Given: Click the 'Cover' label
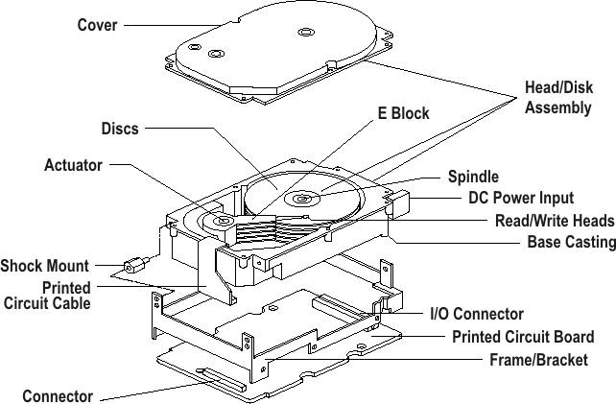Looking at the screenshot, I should tap(97, 25).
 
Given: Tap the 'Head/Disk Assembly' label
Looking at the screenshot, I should tap(557, 97).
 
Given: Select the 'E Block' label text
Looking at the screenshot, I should tap(402, 113).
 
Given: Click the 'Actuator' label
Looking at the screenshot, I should tap(73, 165).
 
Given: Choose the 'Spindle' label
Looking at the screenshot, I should tap(473, 178).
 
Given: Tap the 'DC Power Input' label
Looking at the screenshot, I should tap(520, 199).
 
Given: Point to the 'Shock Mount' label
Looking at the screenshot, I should tap(44, 266).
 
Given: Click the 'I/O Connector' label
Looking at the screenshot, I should tap(476, 314).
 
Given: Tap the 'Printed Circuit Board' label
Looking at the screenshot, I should tap(522, 337).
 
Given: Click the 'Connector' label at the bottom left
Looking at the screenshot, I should tap(58, 395).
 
